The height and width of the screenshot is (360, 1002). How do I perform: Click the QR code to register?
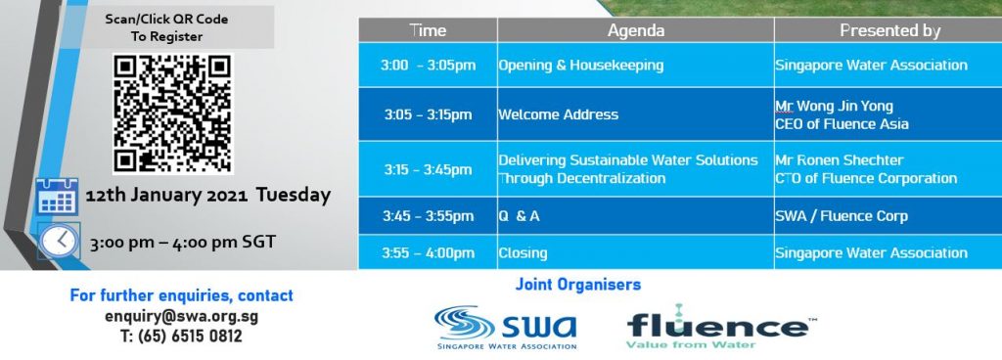pyautogui.click(x=173, y=112)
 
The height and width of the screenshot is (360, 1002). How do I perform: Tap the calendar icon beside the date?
pyautogui.click(x=57, y=197)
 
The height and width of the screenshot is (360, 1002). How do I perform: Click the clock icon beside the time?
pyautogui.click(x=59, y=242)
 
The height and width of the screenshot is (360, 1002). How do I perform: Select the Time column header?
pyautogui.click(x=428, y=30)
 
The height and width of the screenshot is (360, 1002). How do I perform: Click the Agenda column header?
pyautogui.click(x=636, y=30)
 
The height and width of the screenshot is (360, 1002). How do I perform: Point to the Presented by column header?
pyautogui.click(x=889, y=30)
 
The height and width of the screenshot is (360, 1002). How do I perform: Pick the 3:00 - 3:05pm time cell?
pyautogui.click(x=428, y=66)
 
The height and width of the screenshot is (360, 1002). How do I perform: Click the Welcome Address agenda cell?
pyautogui.click(x=636, y=114)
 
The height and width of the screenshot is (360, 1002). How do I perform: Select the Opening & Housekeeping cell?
pyautogui.click(x=636, y=66)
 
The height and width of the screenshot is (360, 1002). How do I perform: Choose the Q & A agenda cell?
pyautogui.click(x=636, y=216)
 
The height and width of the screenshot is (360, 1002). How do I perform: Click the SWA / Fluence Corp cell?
pyautogui.click(x=888, y=216)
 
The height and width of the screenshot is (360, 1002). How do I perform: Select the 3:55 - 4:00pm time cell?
pyautogui.click(x=428, y=252)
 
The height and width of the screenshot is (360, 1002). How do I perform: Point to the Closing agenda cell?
pyautogui.click(x=636, y=252)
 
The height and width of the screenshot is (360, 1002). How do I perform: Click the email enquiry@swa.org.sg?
pyautogui.click(x=181, y=317)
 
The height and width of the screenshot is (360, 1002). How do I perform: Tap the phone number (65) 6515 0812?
pyautogui.click(x=190, y=336)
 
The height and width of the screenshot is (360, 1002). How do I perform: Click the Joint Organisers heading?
pyautogui.click(x=577, y=285)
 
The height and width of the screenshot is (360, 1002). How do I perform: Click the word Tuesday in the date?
pyautogui.click(x=294, y=195)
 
